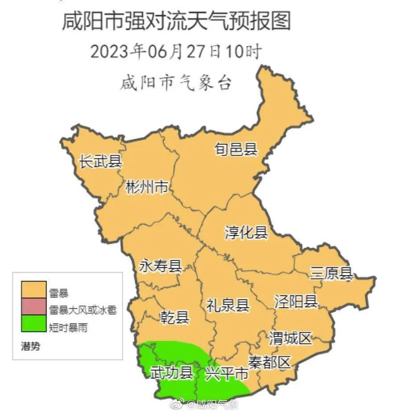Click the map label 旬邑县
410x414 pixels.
236,149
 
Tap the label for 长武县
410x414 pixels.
100,161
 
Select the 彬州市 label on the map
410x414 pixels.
147,188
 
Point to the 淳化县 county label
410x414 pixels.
246,232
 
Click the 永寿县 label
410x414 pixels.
161,267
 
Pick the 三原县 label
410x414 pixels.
331,274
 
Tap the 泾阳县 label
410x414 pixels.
296,302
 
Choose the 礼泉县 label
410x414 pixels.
228,305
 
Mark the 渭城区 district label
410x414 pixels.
290,339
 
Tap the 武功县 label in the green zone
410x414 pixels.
171,373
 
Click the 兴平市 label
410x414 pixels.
226,374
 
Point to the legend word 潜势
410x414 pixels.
30,346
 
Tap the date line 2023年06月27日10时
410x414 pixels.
176,51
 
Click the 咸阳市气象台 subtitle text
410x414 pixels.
176,83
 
